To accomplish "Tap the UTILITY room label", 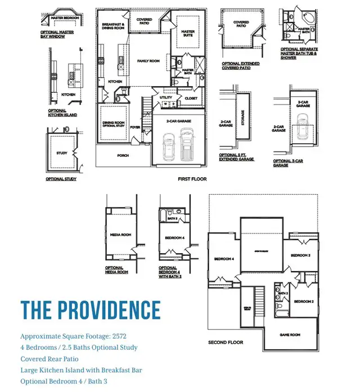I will (x=166, y=97).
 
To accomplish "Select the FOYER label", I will (x=136, y=127).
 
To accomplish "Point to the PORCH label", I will (x=123, y=156).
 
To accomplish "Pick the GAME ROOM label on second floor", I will (x=290, y=335).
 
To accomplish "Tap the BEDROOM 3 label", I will (x=300, y=255).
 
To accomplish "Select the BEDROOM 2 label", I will (x=304, y=301).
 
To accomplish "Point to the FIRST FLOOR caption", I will (x=192, y=179).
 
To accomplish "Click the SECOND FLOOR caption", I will (x=226, y=343).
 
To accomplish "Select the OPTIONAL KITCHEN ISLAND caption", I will (x=62, y=112).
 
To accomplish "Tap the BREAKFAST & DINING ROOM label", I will (x=113, y=26).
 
